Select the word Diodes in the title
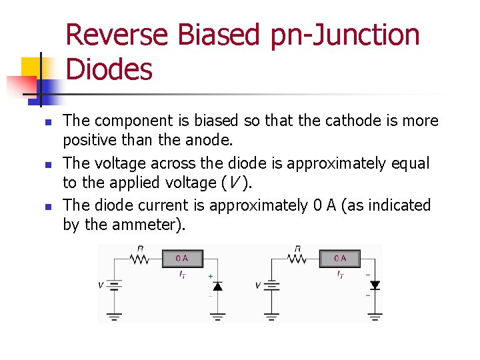coord(110,69)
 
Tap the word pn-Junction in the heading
coord(345,35)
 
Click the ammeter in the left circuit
coord(182,259)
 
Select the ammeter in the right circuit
coord(340,259)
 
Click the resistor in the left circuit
coord(140,258)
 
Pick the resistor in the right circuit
coord(297,258)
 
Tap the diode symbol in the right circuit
coord(375,285)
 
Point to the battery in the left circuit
coord(115,285)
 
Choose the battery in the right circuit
coord(272,285)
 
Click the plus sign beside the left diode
coord(211,275)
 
